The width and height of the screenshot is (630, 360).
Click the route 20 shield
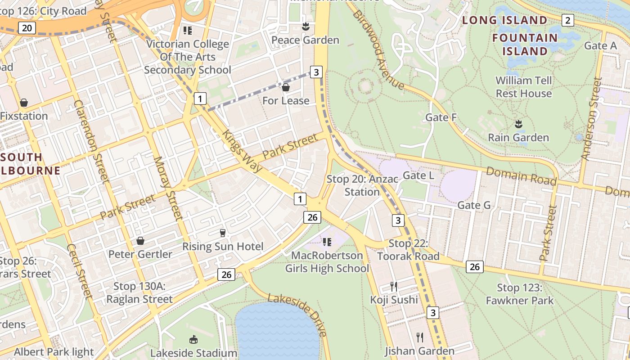pos(27,28)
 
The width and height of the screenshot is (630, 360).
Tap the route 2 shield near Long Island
pos(568,20)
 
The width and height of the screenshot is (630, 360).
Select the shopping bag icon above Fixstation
pos(24,103)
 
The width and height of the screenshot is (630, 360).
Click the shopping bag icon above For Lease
pos(285,87)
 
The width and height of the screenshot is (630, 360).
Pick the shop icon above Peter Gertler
pos(140,241)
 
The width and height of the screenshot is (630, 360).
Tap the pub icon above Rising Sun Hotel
pos(222,233)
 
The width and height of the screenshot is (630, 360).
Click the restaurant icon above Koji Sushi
pos(394,287)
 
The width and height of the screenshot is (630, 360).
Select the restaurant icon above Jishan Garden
pos(419,337)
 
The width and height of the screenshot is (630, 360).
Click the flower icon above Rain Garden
pos(518,124)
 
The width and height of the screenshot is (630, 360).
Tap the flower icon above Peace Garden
pos(306,27)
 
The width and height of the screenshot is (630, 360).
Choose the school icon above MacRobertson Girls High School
pos(327,242)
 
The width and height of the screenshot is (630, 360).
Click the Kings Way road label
pos(242,151)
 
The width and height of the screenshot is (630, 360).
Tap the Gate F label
pos(441,117)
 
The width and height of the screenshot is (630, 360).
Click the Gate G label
pos(474,205)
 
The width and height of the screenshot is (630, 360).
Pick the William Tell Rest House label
pos(523,87)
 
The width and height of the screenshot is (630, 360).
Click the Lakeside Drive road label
pos(297,315)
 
